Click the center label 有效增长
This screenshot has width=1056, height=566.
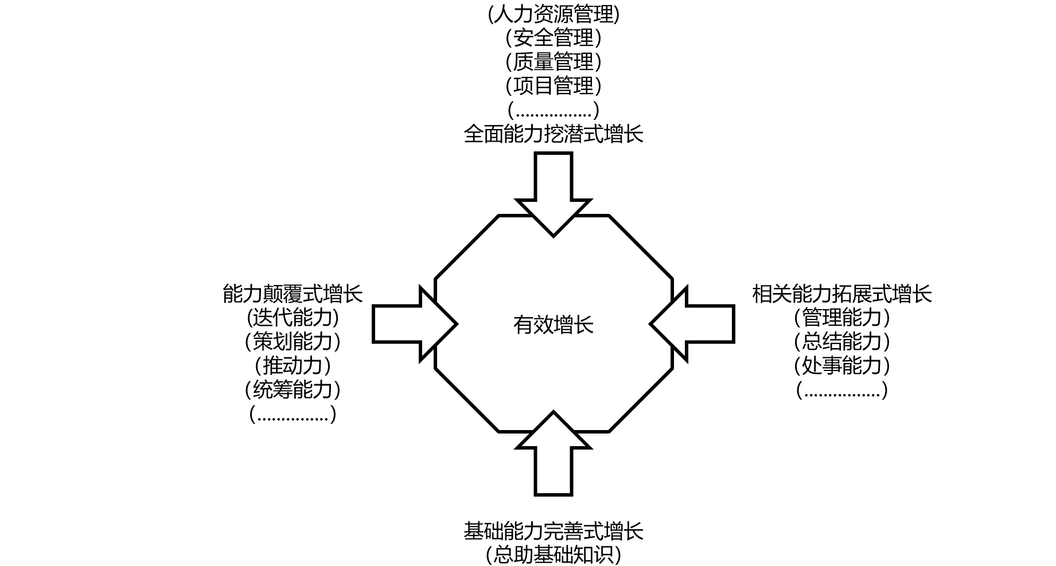pos(553,325)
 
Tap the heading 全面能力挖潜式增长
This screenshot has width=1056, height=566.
pos(554,134)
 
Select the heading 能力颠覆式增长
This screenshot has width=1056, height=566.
pos(293,294)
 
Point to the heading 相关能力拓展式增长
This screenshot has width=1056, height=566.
pos(842,294)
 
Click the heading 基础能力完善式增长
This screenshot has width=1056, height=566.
pos(554,531)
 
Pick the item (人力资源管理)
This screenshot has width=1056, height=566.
pos(554,14)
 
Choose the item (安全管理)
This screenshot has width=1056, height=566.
pos(554,38)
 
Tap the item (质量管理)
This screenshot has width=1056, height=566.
pos(554,62)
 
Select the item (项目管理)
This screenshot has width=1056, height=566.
pos(554,86)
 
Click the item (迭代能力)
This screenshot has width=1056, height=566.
pos(293,318)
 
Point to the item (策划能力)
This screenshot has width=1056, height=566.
pos(293,342)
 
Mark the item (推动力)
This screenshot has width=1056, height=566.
pos(293,365)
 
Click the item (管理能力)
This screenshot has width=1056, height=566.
pos(842,318)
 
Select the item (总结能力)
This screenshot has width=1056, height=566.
pos(842,342)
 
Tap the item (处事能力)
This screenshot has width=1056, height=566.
pos(842,365)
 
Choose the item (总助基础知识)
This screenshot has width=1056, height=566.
pos(554,555)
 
